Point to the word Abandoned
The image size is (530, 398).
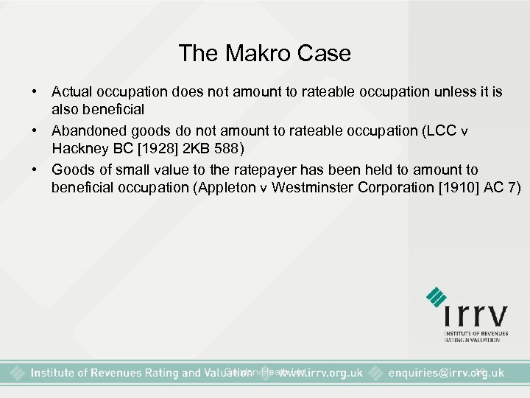[x=87, y=130]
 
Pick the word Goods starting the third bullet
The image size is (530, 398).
[x=71, y=170]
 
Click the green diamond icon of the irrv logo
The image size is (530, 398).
[x=437, y=296]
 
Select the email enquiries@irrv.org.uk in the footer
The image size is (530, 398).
[x=447, y=373]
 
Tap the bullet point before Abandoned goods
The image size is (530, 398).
[x=35, y=130]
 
